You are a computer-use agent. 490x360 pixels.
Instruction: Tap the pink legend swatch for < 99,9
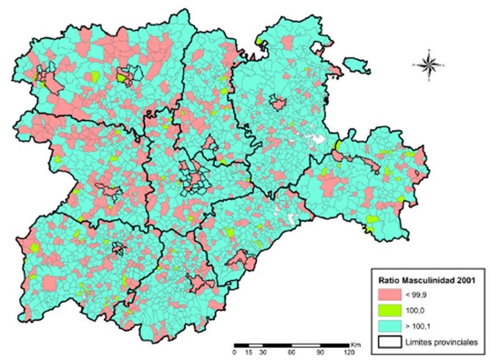389,296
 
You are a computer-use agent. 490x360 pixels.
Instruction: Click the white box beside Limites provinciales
389,342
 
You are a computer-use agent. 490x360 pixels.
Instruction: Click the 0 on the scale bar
235,353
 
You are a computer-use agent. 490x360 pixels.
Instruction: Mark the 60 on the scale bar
292,353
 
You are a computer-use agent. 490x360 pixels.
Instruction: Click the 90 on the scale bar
320,353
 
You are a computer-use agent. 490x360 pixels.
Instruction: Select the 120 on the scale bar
349,353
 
